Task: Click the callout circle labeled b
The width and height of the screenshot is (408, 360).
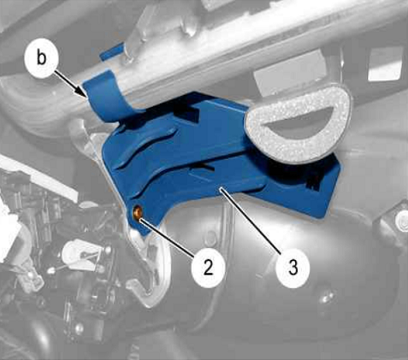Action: click(x=42, y=59)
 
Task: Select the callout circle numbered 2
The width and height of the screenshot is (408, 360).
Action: click(x=208, y=269)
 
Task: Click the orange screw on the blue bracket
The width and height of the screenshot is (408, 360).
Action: click(x=139, y=213)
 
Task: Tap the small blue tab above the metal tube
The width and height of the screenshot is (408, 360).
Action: click(x=112, y=51)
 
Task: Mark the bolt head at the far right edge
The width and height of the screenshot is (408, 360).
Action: click(x=402, y=218)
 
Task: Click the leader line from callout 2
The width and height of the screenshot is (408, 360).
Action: click(x=166, y=237)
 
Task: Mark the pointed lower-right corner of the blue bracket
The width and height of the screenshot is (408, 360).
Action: click(x=324, y=219)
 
